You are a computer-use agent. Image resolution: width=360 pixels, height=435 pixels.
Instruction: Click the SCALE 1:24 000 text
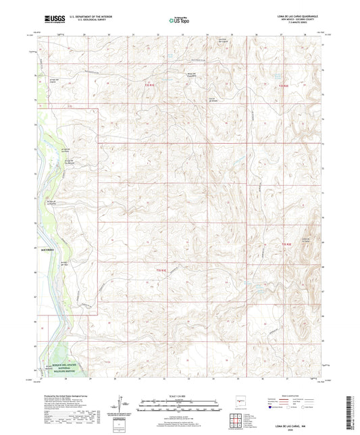pos(179,396)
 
